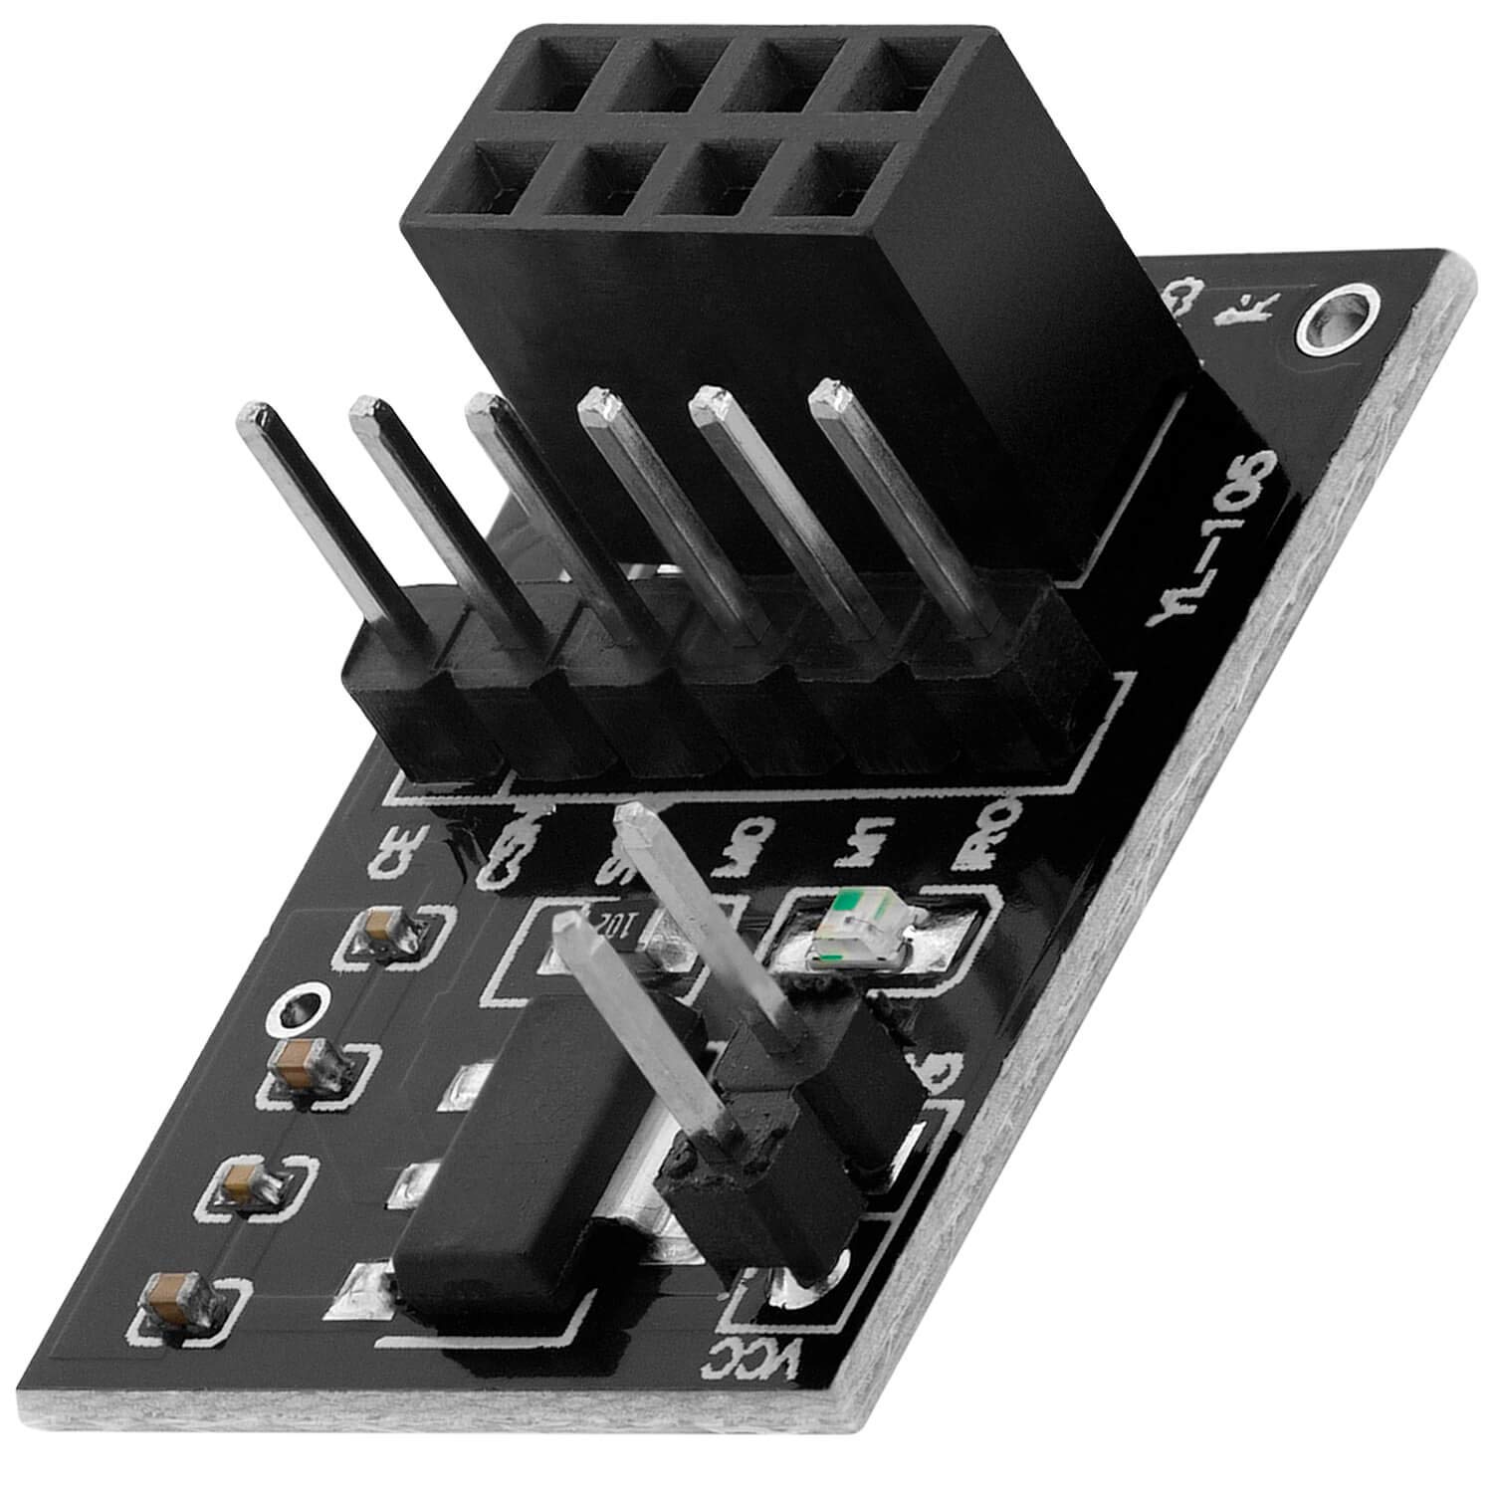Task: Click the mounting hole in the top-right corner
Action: click(x=1337, y=318)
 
